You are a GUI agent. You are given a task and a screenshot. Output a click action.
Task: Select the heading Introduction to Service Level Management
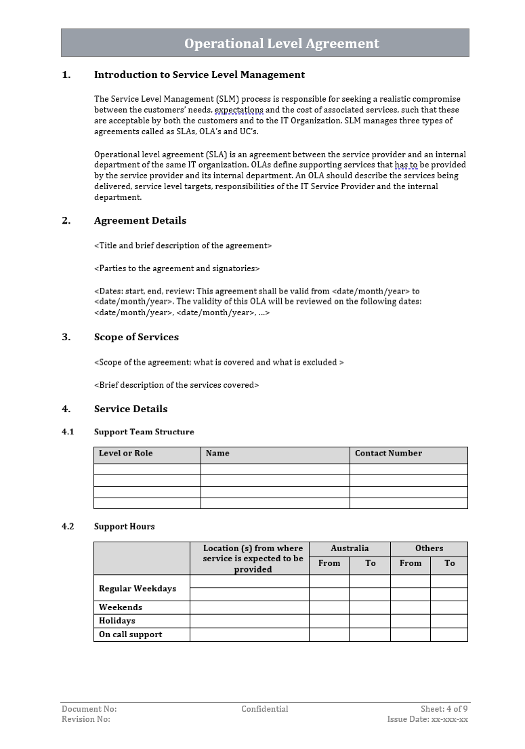199,75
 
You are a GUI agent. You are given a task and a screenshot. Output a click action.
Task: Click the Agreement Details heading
140,221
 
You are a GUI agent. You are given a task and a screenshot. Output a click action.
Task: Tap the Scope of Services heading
136,338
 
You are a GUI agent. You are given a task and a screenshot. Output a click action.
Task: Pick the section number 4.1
68,432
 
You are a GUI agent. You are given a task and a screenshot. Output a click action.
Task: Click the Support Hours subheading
124,527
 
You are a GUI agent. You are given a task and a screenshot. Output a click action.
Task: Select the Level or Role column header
126,453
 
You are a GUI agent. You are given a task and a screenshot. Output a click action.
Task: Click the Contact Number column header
388,453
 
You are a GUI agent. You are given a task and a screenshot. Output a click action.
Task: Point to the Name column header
217,453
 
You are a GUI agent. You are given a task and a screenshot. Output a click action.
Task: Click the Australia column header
350,548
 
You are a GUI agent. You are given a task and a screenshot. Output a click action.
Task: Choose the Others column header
429,548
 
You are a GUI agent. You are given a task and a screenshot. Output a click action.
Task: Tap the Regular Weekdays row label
138,588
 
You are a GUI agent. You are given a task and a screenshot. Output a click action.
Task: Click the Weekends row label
121,607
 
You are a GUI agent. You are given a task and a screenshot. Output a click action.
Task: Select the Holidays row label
117,621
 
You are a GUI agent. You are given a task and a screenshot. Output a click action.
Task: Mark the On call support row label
131,634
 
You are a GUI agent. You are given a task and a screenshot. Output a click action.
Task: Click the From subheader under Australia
329,563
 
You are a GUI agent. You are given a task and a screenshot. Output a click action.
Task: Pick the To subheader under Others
449,563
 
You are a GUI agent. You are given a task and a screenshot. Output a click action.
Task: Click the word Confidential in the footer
264,709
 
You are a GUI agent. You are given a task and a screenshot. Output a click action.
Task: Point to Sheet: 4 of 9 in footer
444,709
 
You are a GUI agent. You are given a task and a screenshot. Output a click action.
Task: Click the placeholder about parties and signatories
177,268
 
